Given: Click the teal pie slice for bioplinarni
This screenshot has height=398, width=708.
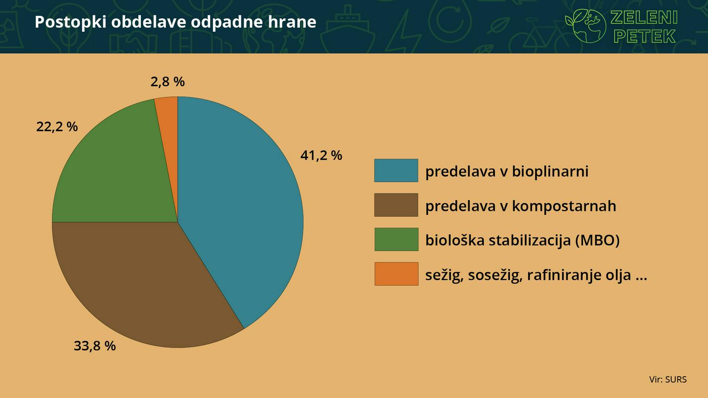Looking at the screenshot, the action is point(240,202).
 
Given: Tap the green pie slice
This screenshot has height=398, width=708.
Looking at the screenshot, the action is point(117,171).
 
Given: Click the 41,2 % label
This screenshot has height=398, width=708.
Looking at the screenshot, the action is point(321,155).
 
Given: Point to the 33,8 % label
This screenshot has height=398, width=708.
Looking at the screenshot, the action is point(95,346).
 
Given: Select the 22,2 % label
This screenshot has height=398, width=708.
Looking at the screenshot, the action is point(57,127).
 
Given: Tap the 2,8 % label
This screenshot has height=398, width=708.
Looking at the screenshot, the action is point(167,82).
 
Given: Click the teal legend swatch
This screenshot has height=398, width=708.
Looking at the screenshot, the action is point(396,171).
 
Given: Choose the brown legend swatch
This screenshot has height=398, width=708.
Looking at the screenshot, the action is point(396,205).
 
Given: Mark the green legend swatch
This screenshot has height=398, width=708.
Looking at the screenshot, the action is point(396,239).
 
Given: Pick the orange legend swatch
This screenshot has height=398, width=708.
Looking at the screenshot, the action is point(396,274).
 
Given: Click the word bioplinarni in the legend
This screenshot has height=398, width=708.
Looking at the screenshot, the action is point(550,172).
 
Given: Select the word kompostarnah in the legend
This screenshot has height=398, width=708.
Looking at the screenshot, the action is point(564,206).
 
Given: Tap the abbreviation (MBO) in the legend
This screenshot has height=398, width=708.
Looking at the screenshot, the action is point(597,240).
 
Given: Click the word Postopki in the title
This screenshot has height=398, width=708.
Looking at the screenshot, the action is point(70,22).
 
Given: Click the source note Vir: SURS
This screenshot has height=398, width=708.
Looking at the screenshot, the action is point(668,380).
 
